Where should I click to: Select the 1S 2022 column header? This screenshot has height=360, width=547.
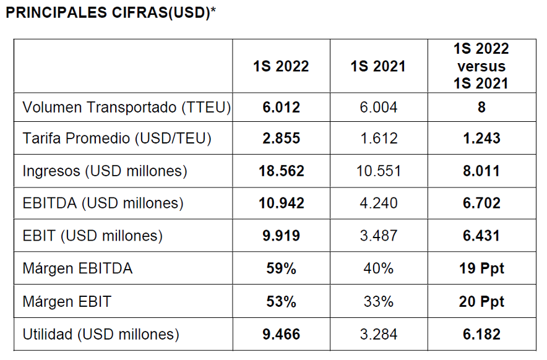281,67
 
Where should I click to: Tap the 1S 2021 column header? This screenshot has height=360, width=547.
378,67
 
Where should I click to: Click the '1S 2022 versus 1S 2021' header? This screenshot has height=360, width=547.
481,66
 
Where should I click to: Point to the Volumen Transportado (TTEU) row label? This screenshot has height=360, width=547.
127,108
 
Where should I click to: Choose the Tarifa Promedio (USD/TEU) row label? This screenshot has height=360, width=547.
117,139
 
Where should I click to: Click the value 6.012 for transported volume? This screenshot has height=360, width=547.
281,108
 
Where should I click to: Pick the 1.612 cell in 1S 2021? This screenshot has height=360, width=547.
379,139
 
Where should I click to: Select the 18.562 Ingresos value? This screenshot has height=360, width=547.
281,171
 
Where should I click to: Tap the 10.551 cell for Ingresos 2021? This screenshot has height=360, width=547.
379,171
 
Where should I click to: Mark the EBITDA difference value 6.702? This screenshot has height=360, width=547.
481,204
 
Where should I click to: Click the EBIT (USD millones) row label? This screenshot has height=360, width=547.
93,236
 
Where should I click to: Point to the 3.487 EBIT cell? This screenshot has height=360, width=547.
379,236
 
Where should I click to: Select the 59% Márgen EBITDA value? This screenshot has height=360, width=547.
281,268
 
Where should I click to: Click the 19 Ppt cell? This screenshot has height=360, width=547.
481,268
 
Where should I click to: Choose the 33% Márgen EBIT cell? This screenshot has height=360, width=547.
379,302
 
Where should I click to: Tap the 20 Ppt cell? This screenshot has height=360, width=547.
481,302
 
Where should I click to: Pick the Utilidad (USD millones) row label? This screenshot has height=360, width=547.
101,335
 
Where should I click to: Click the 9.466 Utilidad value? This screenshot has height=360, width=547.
281,335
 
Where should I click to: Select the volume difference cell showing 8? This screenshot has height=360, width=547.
481,108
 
